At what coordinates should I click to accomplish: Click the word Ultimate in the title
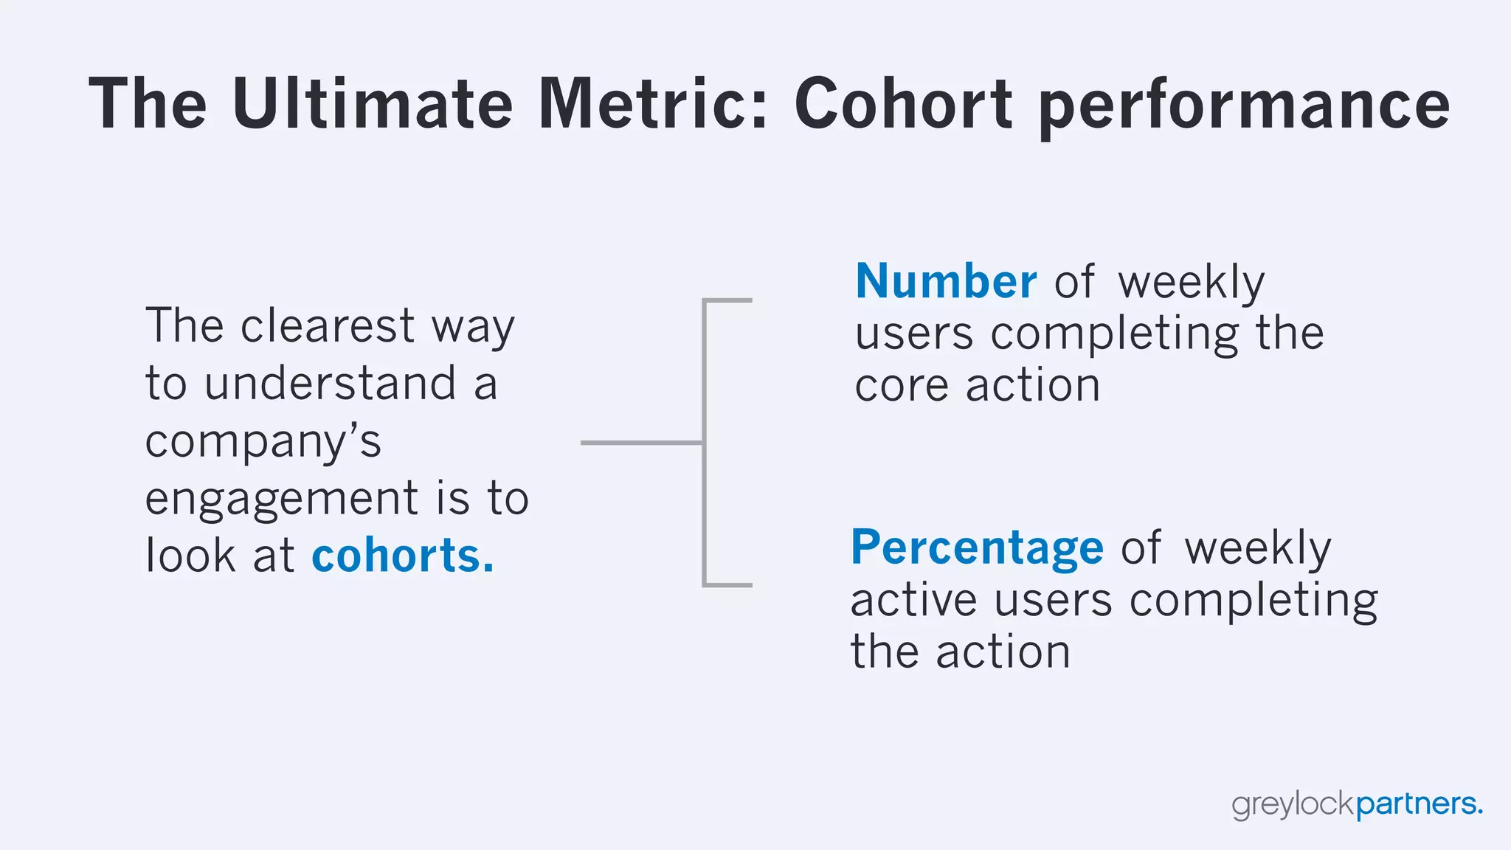372,104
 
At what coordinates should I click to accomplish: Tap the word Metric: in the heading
653,104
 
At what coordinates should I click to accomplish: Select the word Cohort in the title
903,104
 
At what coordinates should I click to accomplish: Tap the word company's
263,443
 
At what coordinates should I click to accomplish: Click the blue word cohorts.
402,556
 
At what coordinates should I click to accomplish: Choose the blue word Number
946,281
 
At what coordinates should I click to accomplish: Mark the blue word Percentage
977,547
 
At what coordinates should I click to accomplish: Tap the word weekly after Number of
1191,283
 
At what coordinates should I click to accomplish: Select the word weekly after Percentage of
1257,548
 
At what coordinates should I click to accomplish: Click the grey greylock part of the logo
1293,804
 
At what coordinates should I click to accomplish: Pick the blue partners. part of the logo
1419,804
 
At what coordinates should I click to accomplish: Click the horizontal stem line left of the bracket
640,443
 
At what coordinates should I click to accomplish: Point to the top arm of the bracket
728,300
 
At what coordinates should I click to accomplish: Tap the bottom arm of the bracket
728,585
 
